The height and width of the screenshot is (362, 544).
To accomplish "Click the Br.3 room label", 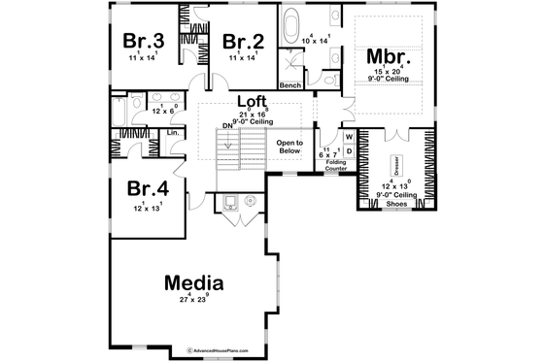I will [143, 41].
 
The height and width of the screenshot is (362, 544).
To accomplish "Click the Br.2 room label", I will [244, 41].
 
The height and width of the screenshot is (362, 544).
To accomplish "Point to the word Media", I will [194, 283].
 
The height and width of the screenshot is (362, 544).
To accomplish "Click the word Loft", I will [255, 101].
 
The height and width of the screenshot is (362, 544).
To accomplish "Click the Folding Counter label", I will [336, 166].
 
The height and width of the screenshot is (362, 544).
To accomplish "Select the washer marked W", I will [348, 137].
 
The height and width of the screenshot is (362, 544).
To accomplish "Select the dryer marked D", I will [348, 151].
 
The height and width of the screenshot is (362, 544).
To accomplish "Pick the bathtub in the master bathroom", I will [290, 20].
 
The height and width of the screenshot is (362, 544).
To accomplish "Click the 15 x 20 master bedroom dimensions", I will [389, 72].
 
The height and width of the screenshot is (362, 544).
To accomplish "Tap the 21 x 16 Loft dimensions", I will [255, 113].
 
